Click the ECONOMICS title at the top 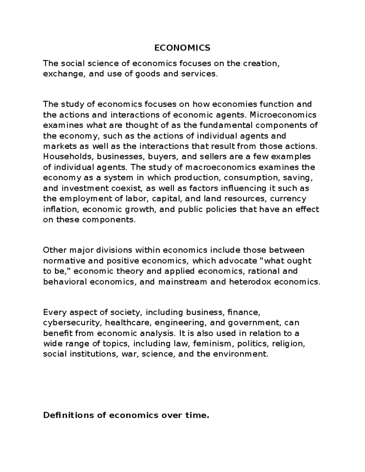pyautogui.click(x=182, y=48)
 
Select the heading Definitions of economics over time pyautogui.click(x=126, y=415)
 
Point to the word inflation pyautogui.click(x=61, y=210)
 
